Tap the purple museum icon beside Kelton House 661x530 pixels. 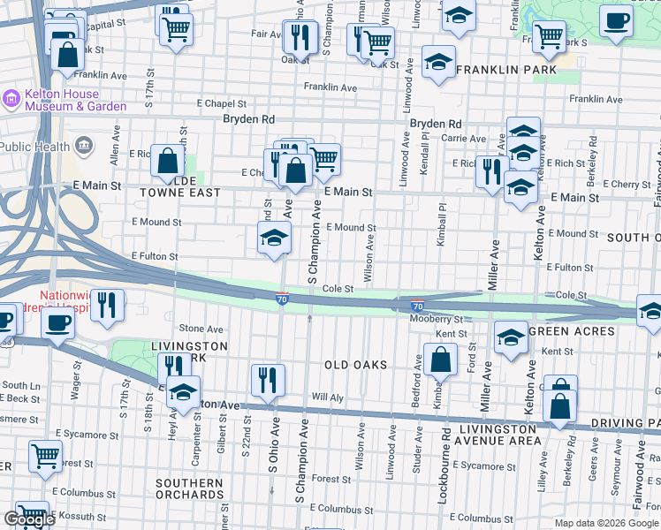click(x=11, y=99)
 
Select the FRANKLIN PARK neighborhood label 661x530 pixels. click(x=508, y=69)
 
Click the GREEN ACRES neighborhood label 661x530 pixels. click(x=571, y=331)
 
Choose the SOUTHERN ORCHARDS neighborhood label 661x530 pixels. click(x=189, y=489)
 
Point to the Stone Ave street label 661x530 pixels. click(x=201, y=329)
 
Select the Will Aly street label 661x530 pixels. click(x=327, y=397)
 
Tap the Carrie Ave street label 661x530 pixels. click(x=464, y=139)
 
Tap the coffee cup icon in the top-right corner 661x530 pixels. click(x=616, y=19)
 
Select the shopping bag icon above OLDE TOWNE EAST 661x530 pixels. click(x=167, y=161)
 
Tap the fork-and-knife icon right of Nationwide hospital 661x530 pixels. click(x=107, y=305)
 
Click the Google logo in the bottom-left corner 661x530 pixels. click(x=29, y=519)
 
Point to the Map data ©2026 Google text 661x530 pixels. click(x=606, y=523)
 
